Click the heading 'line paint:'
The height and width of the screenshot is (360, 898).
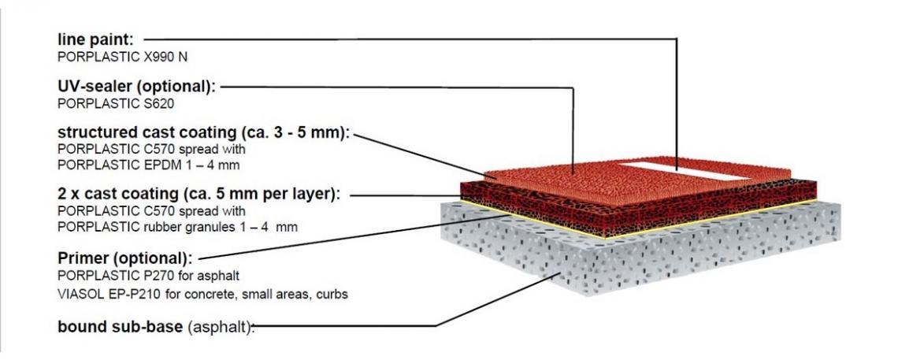pos(95,39)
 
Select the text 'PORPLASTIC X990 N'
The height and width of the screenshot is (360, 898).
pos(123,58)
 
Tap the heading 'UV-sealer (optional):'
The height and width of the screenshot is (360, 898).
pos(137,87)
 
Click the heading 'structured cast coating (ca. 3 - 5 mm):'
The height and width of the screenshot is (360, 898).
pos(203,133)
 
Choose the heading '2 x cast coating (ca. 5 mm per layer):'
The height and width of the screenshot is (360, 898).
pos(199,194)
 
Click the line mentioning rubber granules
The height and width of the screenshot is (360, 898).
pos(177,227)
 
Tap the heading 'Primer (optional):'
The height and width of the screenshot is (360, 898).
pos(124,258)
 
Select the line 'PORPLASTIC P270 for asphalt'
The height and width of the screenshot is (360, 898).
pos(148,276)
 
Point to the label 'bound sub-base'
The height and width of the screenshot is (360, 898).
pos(121,327)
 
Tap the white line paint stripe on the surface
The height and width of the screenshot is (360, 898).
pos(685,171)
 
